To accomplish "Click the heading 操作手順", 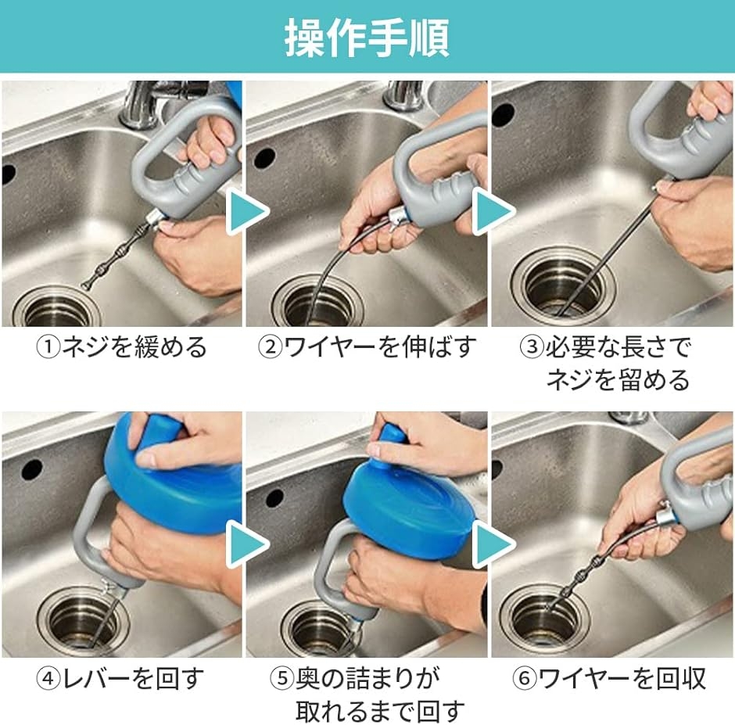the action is [367, 37].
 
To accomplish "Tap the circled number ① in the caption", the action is [48, 347].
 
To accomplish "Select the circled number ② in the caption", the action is [270, 347].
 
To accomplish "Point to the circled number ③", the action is [532, 347].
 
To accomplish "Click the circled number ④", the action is [48, 679].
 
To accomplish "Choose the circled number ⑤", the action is [282, 679].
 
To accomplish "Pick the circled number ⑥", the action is [525, 679].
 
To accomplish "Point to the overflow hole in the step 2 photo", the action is [264, 159].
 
